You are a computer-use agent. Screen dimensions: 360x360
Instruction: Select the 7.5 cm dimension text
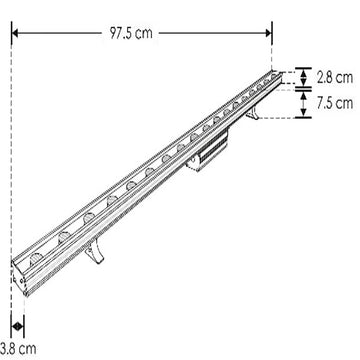click(335, 103)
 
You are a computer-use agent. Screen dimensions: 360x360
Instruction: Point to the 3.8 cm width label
click(20, 348)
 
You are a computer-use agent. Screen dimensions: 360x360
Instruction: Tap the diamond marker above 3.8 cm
click(16, 328)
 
